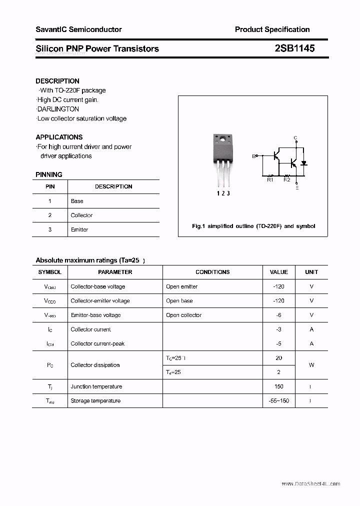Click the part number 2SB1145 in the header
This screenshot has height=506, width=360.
click(x=294, y=48)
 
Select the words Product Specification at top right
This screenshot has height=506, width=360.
click(x=272, y=29)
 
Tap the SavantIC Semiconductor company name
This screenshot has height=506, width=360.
click(x=78, y=29)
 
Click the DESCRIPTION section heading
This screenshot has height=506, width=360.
click(x=57, y=81)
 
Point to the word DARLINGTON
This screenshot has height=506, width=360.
click(x=58, y=109)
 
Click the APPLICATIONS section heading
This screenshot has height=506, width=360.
click(x=59, y=137)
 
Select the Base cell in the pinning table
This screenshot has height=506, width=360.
click(x=77, y=201)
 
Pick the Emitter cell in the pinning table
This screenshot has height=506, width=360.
click(x=79, y=229)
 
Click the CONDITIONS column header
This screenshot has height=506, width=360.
click(x=212, y=272)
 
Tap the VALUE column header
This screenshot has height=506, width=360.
click(x=278, y=272)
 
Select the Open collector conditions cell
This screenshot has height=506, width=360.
click(x=183, y=315)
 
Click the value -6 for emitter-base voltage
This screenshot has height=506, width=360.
click(x=278, y=315)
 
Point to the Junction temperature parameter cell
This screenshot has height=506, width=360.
click(x=96, y=386)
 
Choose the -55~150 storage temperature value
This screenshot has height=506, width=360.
click(x=278, y=400)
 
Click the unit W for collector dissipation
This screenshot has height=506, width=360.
click(x=311, y=365)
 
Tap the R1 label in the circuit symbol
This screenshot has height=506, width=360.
click(x=270, y=180)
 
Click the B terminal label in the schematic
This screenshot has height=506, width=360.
click(x=253, y=156)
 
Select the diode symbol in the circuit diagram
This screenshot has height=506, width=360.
click(x=303, y=163)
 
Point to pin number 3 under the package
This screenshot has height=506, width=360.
click(x=228, y=193)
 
